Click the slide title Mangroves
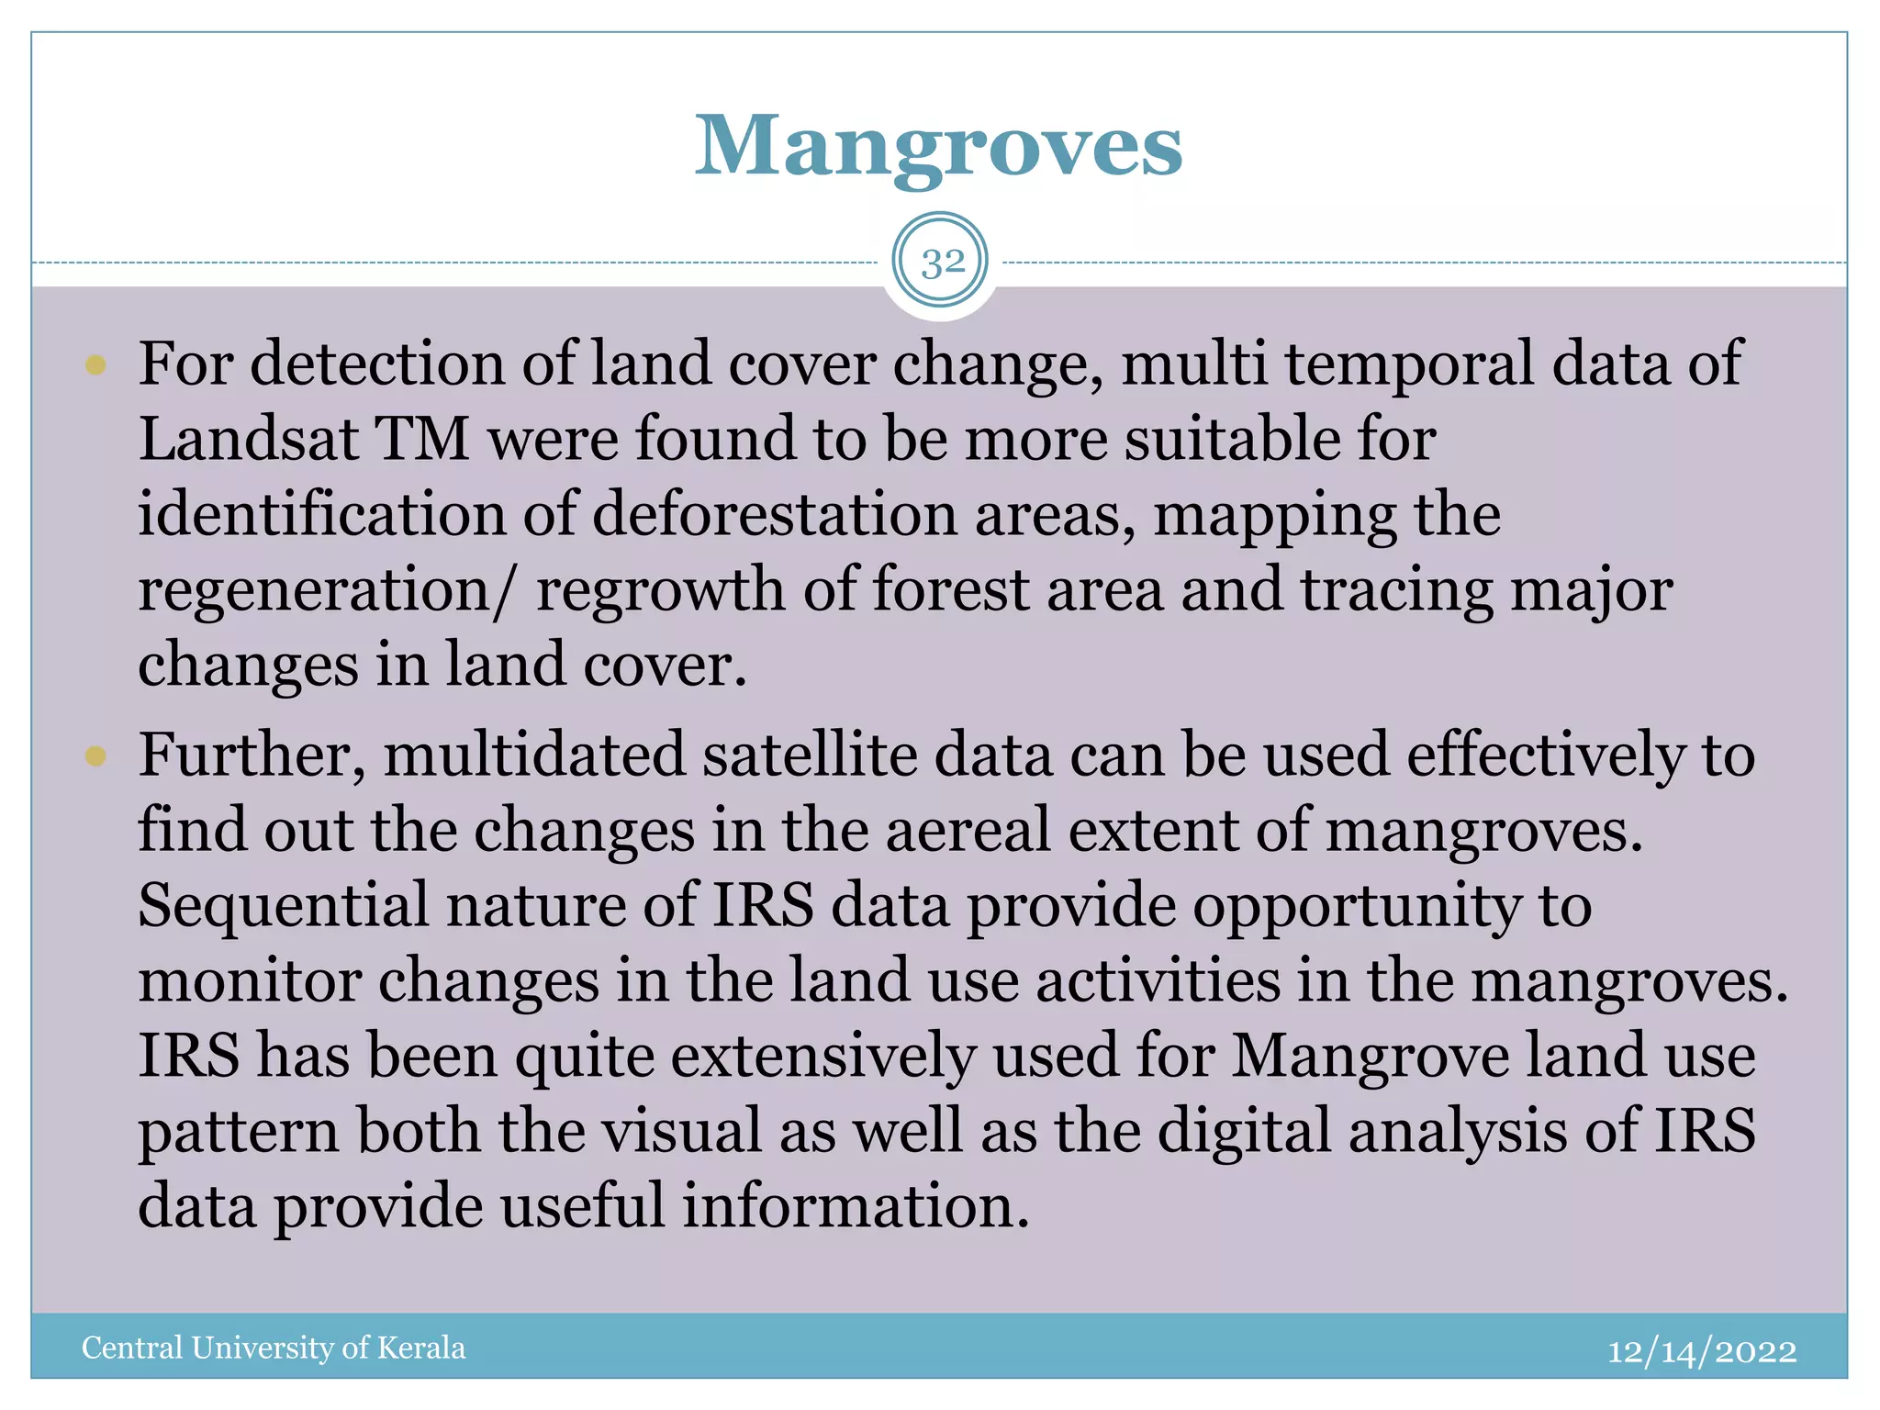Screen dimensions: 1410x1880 938,147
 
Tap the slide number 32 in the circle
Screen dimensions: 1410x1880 942,263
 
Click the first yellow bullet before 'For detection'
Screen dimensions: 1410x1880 95,365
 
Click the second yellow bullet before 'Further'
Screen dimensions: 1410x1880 95,756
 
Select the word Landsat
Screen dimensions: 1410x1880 248,439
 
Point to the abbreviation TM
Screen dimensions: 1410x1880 421,439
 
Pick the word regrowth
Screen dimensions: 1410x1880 661,589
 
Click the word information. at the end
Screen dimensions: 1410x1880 856,1207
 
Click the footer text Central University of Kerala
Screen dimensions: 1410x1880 274,1348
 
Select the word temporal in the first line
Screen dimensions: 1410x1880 1409,365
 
